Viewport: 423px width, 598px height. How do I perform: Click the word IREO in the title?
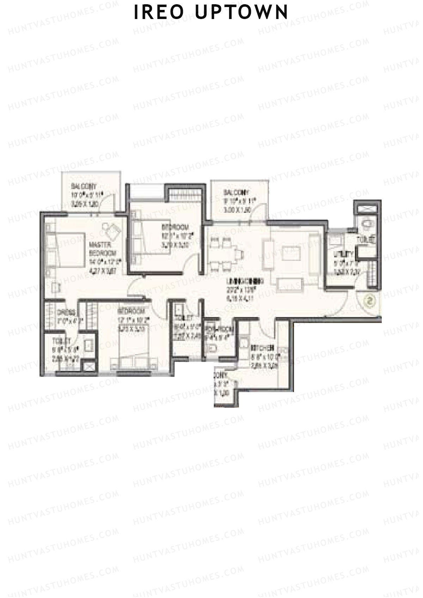coord(159,12)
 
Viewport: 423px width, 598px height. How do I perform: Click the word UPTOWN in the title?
coord(242,12)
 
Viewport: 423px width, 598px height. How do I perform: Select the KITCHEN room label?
coord(263,348)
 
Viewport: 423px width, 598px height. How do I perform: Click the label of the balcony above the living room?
coord(236,193)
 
